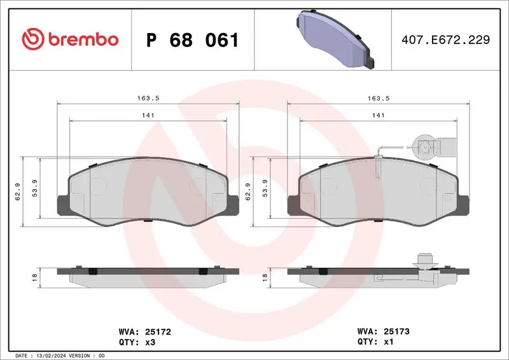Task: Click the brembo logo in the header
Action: click(70, 39)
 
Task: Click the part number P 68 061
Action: click(192, 40)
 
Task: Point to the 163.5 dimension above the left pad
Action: click(148, 98)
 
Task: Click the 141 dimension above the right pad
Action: click(378, 115)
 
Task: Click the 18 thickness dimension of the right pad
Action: click(264, 277)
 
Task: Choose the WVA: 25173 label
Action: click(376, 331)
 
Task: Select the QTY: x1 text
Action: click(367, 342)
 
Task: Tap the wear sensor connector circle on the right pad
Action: click(424, 148)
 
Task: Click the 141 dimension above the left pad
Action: click(148, 115)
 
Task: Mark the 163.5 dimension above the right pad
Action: click(378, 98)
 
